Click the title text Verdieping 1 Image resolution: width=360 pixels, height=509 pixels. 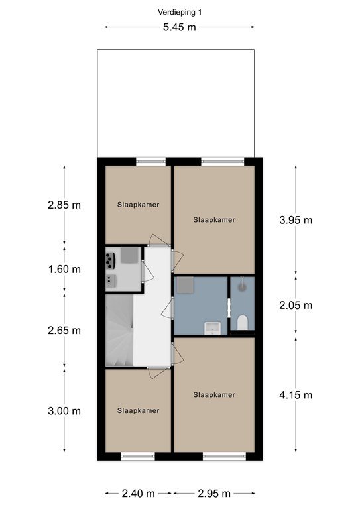(x=180, y=13)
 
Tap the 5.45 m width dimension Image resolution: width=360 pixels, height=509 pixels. (x=180, y=27)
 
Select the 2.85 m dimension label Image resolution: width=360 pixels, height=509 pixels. (x=64, y=205)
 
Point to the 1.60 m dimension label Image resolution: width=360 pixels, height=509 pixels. (x=64, y=270)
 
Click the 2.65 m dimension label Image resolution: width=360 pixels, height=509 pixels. (x=64, y=331)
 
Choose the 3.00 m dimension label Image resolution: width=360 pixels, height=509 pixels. (x=64, y=411)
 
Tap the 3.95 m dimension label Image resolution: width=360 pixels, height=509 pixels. (x=296, y=221)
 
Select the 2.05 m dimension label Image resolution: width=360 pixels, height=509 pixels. (x=296, y=305)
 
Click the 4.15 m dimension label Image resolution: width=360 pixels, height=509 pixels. (x=296, y=395)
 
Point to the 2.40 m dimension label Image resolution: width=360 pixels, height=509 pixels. (x=139, y=494)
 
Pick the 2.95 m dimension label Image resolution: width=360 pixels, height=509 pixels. (x=214, y=494)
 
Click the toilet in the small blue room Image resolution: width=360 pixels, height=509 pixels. (x=242, y=322)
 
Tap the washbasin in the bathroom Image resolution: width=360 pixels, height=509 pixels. (x=212, y=328)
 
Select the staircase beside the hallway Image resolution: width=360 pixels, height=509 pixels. (x=119, y=330)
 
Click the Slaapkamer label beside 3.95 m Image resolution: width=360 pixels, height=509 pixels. (x=214, y=220)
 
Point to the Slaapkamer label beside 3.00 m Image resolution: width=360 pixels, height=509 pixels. (x=139, y=411)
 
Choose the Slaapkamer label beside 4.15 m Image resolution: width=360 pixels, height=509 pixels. (x=214, y=395)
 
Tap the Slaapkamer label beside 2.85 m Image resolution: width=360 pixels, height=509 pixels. (x=139, y=205)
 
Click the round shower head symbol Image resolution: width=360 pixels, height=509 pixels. (x=242, y=286)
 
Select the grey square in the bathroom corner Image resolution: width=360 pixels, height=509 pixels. (x=185, y=286)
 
